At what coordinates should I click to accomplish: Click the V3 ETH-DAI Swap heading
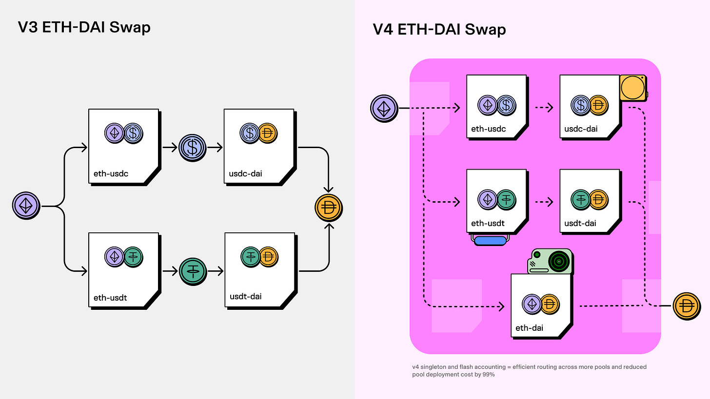[84, 27]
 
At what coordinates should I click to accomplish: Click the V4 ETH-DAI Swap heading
[439, 29]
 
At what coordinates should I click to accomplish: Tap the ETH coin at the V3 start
[25, 206]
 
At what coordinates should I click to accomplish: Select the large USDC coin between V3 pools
[193, 147]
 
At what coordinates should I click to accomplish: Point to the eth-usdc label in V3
[111, 173]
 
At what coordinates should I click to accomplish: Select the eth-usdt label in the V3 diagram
[110, 297]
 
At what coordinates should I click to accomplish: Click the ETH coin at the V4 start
[384, 108]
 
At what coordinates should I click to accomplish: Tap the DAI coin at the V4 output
[687, 306]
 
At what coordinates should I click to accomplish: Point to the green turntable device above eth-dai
[551, 261]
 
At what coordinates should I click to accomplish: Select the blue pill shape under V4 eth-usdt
[491, 240]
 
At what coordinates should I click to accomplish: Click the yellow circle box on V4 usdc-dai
[633, 88]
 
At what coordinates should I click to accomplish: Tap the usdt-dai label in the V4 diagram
[580, 224]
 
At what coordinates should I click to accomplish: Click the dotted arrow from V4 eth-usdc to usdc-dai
[542, 108]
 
